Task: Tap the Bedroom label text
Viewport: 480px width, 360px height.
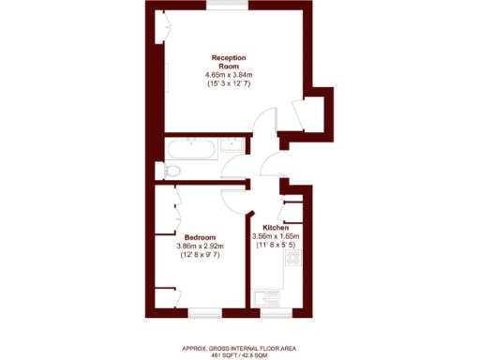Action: coord(200,236)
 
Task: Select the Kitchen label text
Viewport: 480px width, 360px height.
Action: coord(275,228)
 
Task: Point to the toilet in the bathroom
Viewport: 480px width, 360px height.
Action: coord(172,171)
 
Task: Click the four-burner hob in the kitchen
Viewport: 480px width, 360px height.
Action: coord(292,256)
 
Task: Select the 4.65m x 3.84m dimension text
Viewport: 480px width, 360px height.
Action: coord(230,75)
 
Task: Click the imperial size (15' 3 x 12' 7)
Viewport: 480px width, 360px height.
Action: coord(230,84)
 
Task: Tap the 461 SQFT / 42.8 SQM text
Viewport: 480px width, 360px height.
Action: coord(241,355)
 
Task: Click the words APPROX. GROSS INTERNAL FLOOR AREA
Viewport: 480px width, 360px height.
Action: coord(241,348)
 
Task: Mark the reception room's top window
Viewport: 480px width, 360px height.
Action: coord(229,5)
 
